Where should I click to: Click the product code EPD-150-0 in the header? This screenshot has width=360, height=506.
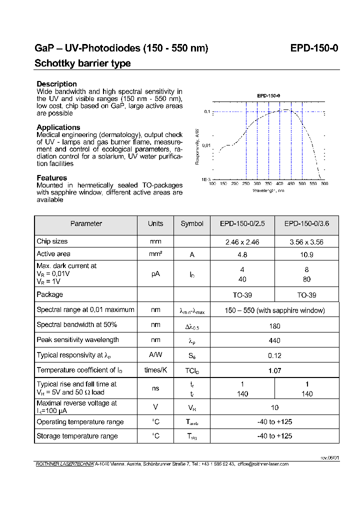314,48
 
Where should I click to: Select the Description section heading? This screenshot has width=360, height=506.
56,84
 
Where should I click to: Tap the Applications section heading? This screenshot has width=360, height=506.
58,127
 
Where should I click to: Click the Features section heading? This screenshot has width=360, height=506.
51,178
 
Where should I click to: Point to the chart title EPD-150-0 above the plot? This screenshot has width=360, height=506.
268,95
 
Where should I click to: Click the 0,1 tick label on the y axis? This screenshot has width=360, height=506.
206,112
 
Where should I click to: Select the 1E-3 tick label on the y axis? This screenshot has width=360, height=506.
205,179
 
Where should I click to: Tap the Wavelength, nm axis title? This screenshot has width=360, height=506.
268,190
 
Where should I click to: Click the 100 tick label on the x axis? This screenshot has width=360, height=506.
212,184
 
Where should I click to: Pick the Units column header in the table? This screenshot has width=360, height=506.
155,224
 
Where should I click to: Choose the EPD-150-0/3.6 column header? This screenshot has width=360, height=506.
306,224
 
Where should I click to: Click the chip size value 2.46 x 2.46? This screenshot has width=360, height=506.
242,242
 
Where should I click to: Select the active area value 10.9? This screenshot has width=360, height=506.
306,254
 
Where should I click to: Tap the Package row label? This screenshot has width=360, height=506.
49,294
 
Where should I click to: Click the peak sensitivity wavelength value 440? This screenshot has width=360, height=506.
274,340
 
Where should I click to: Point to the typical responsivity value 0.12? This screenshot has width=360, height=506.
274,355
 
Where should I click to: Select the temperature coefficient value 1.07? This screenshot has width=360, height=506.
274,370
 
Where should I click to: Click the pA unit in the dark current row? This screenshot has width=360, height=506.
155,274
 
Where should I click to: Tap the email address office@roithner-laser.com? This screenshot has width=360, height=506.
263,464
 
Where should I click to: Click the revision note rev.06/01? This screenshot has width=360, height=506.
329,457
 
